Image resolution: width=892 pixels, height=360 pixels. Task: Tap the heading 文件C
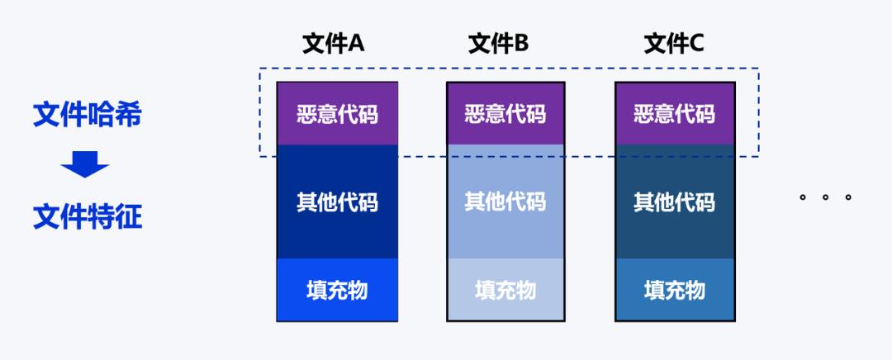coord(674,43)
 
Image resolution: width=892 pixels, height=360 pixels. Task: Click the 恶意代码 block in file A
coord(337,113)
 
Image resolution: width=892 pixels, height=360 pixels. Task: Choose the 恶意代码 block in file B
coord(505,113)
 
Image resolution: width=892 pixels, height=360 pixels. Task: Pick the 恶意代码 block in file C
coord(675,113)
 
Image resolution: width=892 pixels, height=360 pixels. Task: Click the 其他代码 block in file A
coord(337,201)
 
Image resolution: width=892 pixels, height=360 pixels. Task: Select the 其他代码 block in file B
coord(505,201)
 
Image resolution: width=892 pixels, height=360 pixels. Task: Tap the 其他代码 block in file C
coord(675,201)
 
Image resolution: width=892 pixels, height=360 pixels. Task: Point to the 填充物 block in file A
coord(337,290)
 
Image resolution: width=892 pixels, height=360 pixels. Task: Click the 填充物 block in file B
coord(505,290)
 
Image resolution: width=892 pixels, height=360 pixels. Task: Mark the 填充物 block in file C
coord(675,290)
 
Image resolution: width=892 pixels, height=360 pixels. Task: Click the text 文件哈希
coord(87,115)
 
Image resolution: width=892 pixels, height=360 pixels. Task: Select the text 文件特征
coord(87,217)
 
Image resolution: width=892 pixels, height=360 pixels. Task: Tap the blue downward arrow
coord(85,165)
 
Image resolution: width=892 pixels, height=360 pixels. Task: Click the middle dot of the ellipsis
coord(825,197)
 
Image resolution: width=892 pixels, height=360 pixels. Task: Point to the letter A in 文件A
coord(356,43)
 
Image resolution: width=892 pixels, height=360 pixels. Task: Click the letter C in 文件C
coord(696,43)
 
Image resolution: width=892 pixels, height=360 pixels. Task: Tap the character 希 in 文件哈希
coord(126,115)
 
